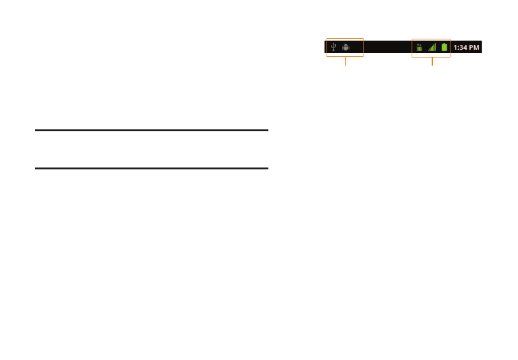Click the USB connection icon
[334, 47]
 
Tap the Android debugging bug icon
[346, 47]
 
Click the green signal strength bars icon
[432, 47]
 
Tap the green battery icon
[444, 47]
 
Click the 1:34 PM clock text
[467, 47]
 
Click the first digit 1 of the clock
[455, 47]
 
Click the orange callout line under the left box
[345, 61]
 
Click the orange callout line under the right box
[432, 61]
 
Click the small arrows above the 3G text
[419, 44]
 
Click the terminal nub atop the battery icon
[444, 43]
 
